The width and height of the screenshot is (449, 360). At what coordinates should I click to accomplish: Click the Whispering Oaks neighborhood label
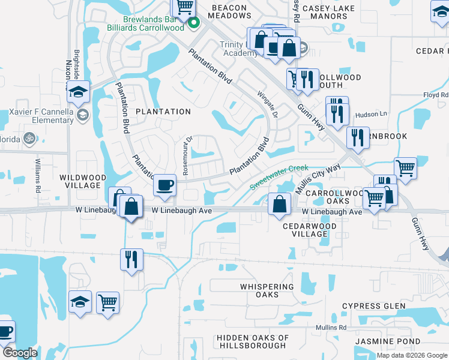tap(268, 290)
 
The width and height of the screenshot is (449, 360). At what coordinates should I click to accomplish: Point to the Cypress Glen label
tap(373, 306)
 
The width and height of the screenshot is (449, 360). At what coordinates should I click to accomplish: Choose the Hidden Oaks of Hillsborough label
tap(252, 341)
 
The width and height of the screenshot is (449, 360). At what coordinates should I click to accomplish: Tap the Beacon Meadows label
tap(229, 12)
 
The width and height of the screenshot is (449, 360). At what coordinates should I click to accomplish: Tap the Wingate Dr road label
tap(267, 104)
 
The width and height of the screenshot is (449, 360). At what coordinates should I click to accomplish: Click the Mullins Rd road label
tap(336, 328)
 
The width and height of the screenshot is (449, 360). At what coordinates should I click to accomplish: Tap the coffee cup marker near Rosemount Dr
tap(164, 185)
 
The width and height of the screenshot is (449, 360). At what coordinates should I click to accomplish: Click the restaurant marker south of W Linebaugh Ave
tap(131, 259)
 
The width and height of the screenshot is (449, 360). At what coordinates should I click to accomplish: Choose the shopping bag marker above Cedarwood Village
tap(280, 203)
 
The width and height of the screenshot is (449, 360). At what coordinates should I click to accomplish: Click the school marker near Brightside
tap(79, 92)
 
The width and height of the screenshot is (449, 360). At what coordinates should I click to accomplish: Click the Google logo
tap(20, 353)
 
